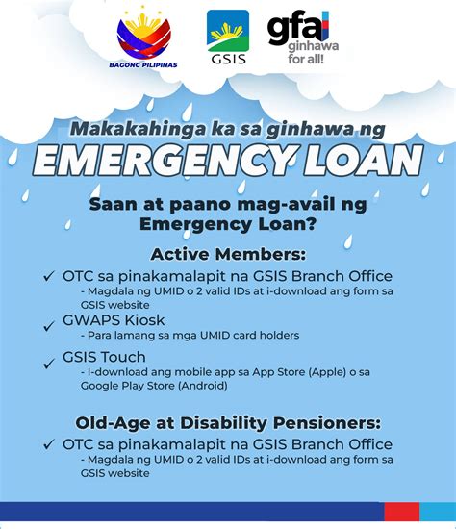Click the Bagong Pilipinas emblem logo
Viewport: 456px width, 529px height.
(x=148, y=40)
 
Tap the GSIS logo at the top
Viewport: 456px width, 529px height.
(x=228, y=38)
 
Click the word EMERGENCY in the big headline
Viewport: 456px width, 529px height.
(x=164, y=161)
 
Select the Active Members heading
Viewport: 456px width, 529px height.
(x=228, y=254)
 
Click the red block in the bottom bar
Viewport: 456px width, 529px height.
(x=401, y=511)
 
